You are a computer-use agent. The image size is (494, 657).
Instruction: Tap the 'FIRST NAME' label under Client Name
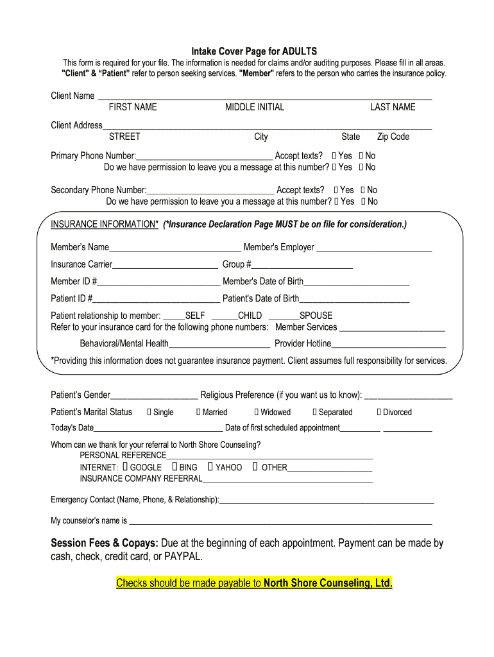(x=132, y=107)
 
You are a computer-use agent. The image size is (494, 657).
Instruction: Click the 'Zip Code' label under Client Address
(x=393, y=137)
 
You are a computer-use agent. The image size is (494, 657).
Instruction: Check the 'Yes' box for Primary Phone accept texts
(x=334, y=156)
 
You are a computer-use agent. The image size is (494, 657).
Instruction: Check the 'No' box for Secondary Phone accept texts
(x=362, y=190)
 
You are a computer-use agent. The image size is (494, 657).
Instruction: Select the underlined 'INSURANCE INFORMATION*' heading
(x=105, y=224)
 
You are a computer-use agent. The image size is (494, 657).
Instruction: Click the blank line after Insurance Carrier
(x=165, y=265)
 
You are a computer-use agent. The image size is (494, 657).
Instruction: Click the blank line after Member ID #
(x=158, y=282)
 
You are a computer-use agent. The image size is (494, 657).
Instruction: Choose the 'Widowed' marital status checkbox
(x=257, y=413)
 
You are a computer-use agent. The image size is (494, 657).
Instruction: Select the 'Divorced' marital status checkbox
(x=379, y=413)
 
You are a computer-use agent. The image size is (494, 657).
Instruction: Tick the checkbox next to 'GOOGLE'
(x=125, y=467)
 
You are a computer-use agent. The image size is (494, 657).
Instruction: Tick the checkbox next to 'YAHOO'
(x=210, y=467)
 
